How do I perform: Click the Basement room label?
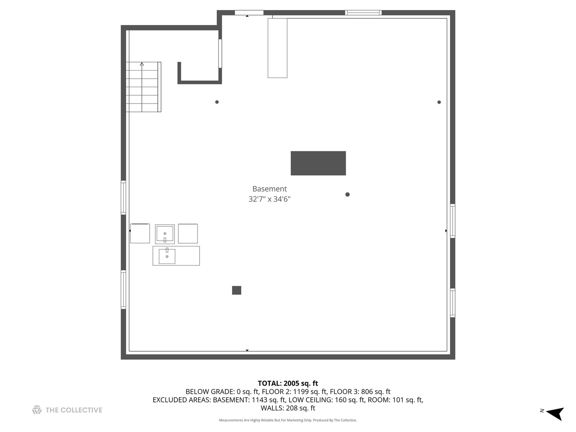point(269,189)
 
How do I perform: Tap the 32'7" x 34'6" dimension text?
point(269,199)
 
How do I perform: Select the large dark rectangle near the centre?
point(318,163)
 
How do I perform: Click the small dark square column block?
point(236,290)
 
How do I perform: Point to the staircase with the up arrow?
point(143,87)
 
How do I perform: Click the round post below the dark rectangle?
point(347,194)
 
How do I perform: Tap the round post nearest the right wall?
point(439,102)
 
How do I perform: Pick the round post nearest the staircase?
point(217,102)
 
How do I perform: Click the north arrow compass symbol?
point(554,413)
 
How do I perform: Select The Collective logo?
point(67,410)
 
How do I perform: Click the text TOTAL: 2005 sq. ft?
point(288,384)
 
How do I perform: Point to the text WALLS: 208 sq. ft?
point(288,408)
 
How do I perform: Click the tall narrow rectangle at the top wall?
point(277,48)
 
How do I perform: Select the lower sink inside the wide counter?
point(167,256)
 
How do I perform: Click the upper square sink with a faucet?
point(165,234)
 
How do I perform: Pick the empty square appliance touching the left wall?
point(140,234)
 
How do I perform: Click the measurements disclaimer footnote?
point(288,420)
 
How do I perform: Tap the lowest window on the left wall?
point(123,290)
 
